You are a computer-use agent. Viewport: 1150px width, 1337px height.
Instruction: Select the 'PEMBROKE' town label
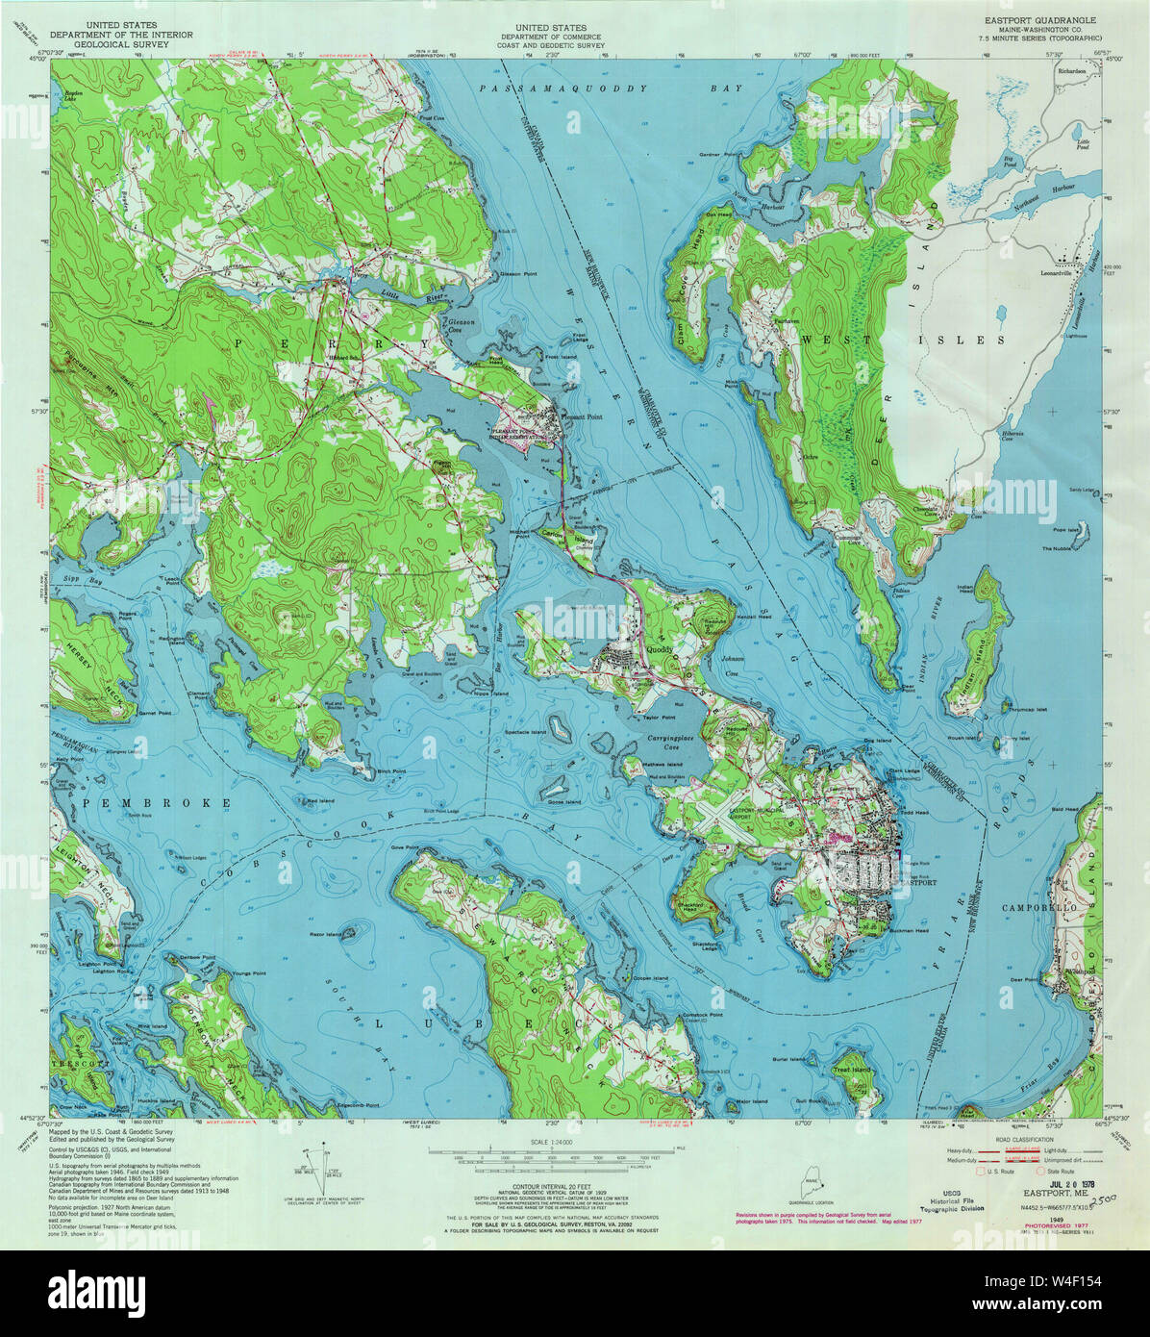[x=157, y=801]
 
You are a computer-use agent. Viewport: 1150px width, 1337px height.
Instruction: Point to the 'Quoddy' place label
[x=660, y=649]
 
